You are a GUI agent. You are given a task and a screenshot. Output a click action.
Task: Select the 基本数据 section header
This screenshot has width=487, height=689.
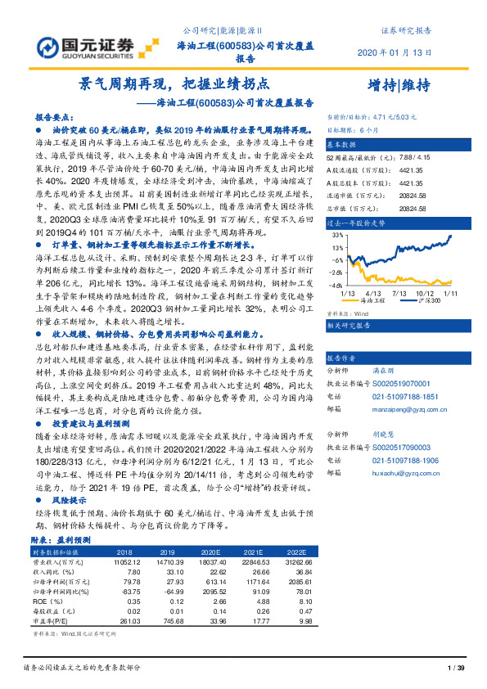coord(345,142)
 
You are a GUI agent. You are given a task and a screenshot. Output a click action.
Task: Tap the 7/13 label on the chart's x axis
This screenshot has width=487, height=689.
coord(400,290)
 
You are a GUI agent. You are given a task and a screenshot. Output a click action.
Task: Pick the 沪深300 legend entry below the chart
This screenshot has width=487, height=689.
coord(427,300)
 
